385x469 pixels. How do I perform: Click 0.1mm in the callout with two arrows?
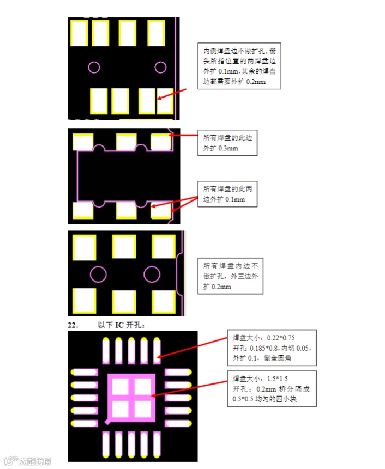[235, 199]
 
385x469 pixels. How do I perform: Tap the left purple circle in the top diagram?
[94, 67]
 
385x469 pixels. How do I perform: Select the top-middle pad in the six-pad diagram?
[124, 247]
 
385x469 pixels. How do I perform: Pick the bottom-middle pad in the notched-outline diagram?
[126, 210]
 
